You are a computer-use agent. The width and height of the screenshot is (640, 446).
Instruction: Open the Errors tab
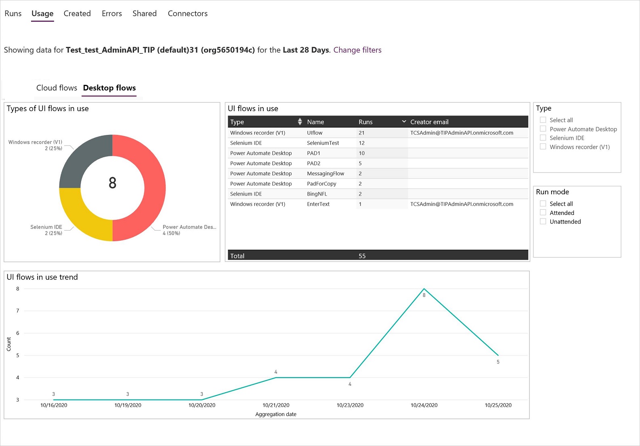click(x=111, y=13)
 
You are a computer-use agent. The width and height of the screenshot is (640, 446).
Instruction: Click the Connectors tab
click(x=187, y=13)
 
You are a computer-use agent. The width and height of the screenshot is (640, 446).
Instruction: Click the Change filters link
click(x=357, y=50)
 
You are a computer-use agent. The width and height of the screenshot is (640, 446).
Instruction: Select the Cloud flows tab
click(x=57, y=88)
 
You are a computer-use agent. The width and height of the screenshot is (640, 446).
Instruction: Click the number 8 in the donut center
click(x=112, y=183)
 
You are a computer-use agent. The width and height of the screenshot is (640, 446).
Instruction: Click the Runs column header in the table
click(x=365, y=122)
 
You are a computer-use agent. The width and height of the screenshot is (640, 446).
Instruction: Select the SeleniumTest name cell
click(x=323, y=143)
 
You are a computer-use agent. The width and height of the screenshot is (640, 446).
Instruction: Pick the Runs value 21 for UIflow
click(x=361, y=133)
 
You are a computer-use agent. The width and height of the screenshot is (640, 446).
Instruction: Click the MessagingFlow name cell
click(x=325, y=173)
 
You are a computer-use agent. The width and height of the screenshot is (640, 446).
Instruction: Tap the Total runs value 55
click(x=362, y=256)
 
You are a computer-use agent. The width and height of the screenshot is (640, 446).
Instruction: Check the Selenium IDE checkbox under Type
click(x=543, y=138)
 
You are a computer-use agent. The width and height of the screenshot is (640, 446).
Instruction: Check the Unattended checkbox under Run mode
click(x=543, y=221)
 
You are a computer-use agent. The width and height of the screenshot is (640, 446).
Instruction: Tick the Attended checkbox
click(x=543, y=212)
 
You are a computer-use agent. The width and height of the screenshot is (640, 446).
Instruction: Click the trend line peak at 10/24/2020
click(x=424, y=289)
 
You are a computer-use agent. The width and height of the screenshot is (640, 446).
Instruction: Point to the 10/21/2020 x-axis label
click(x=276, y=405)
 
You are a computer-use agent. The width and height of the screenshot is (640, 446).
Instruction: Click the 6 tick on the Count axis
click(x=17, y=333)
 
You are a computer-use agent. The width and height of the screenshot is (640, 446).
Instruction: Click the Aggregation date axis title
click(x=276, y=414)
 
